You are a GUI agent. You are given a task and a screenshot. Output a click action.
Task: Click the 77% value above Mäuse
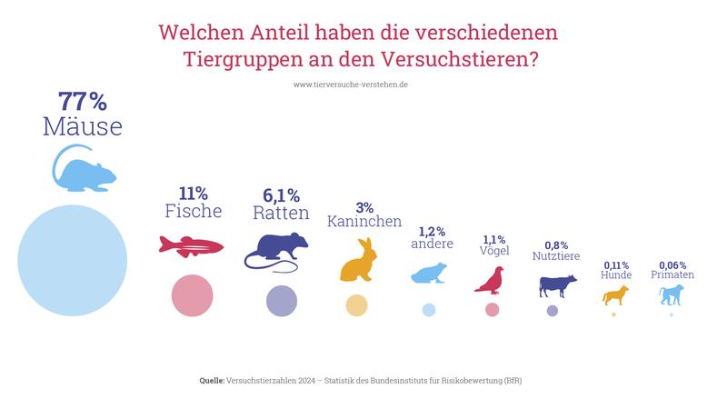click(x=82, y=101)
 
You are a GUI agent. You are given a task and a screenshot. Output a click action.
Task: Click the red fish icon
click(x=192, y=245)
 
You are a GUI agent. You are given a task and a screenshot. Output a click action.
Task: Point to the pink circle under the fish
click(x=192, y=295)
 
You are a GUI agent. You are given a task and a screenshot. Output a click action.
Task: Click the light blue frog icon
click(x=428, y=273)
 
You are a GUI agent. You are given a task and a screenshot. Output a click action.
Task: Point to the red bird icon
click(x=491, y=278)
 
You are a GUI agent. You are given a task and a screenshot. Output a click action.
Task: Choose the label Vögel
click(x=494, y=250)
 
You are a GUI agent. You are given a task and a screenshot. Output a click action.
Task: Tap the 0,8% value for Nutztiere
click(x=556, y=245)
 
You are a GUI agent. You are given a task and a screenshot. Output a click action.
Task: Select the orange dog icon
click(x=615, y=294)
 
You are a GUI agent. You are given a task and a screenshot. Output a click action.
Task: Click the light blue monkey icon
click(x=671, y=294)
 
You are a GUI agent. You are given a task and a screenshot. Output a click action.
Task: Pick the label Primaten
click(x=672, y=274)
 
